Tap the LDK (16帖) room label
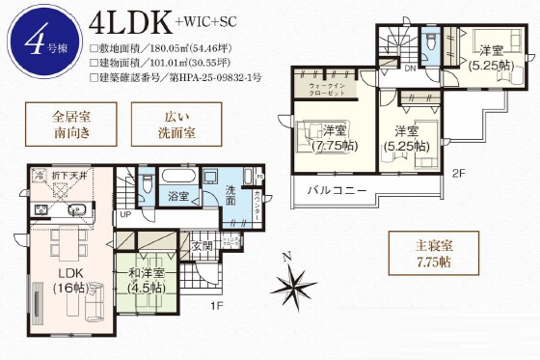click(x=67, y=280)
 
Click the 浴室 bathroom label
click(x=175, y=196)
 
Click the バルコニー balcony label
click(x=337, y=190)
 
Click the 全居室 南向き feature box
click(x=71, y=128)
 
